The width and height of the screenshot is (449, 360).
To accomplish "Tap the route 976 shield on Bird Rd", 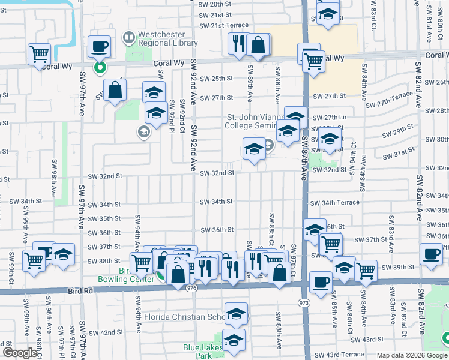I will pyautogui.click(x=191, y=288).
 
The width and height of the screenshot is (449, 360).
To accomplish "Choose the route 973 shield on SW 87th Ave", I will pyautogui.click(x=305, y=303).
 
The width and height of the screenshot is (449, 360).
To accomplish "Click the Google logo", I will pyautogui.click(x=19, y=353).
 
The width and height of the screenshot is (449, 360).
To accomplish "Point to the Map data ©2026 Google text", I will pyautogui.click(x=411, y=355).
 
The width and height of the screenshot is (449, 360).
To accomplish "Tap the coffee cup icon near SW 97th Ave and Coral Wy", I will pyautogui.click(x=100, y=46).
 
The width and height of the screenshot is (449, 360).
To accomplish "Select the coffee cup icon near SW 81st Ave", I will pyautogui.click(x=431, y=254).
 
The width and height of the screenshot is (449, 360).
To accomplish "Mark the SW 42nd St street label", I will pyautogui.click(x=107, y=332).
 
